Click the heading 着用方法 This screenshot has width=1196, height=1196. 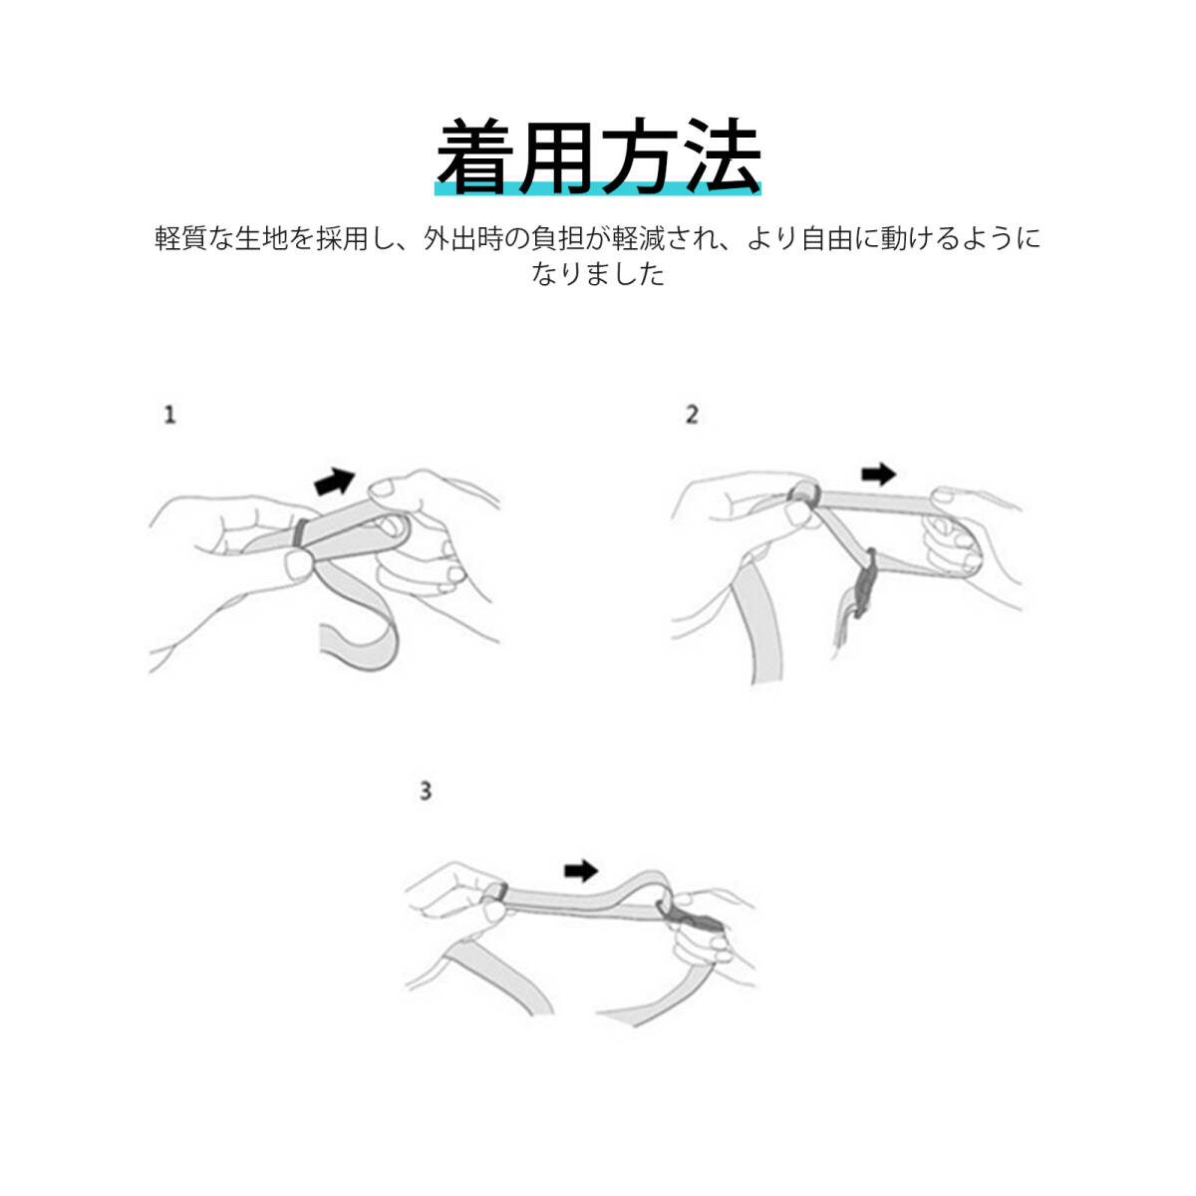598,157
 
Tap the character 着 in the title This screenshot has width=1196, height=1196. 475,157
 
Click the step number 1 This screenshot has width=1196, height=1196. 170,415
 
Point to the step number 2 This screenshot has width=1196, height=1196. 693,415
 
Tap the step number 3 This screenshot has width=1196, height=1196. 426,792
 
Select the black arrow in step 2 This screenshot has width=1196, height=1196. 878,474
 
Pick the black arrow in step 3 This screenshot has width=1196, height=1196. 580,871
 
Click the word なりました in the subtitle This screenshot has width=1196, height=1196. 598,274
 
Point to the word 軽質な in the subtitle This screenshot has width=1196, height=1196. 193,239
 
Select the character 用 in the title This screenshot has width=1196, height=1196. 557,157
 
